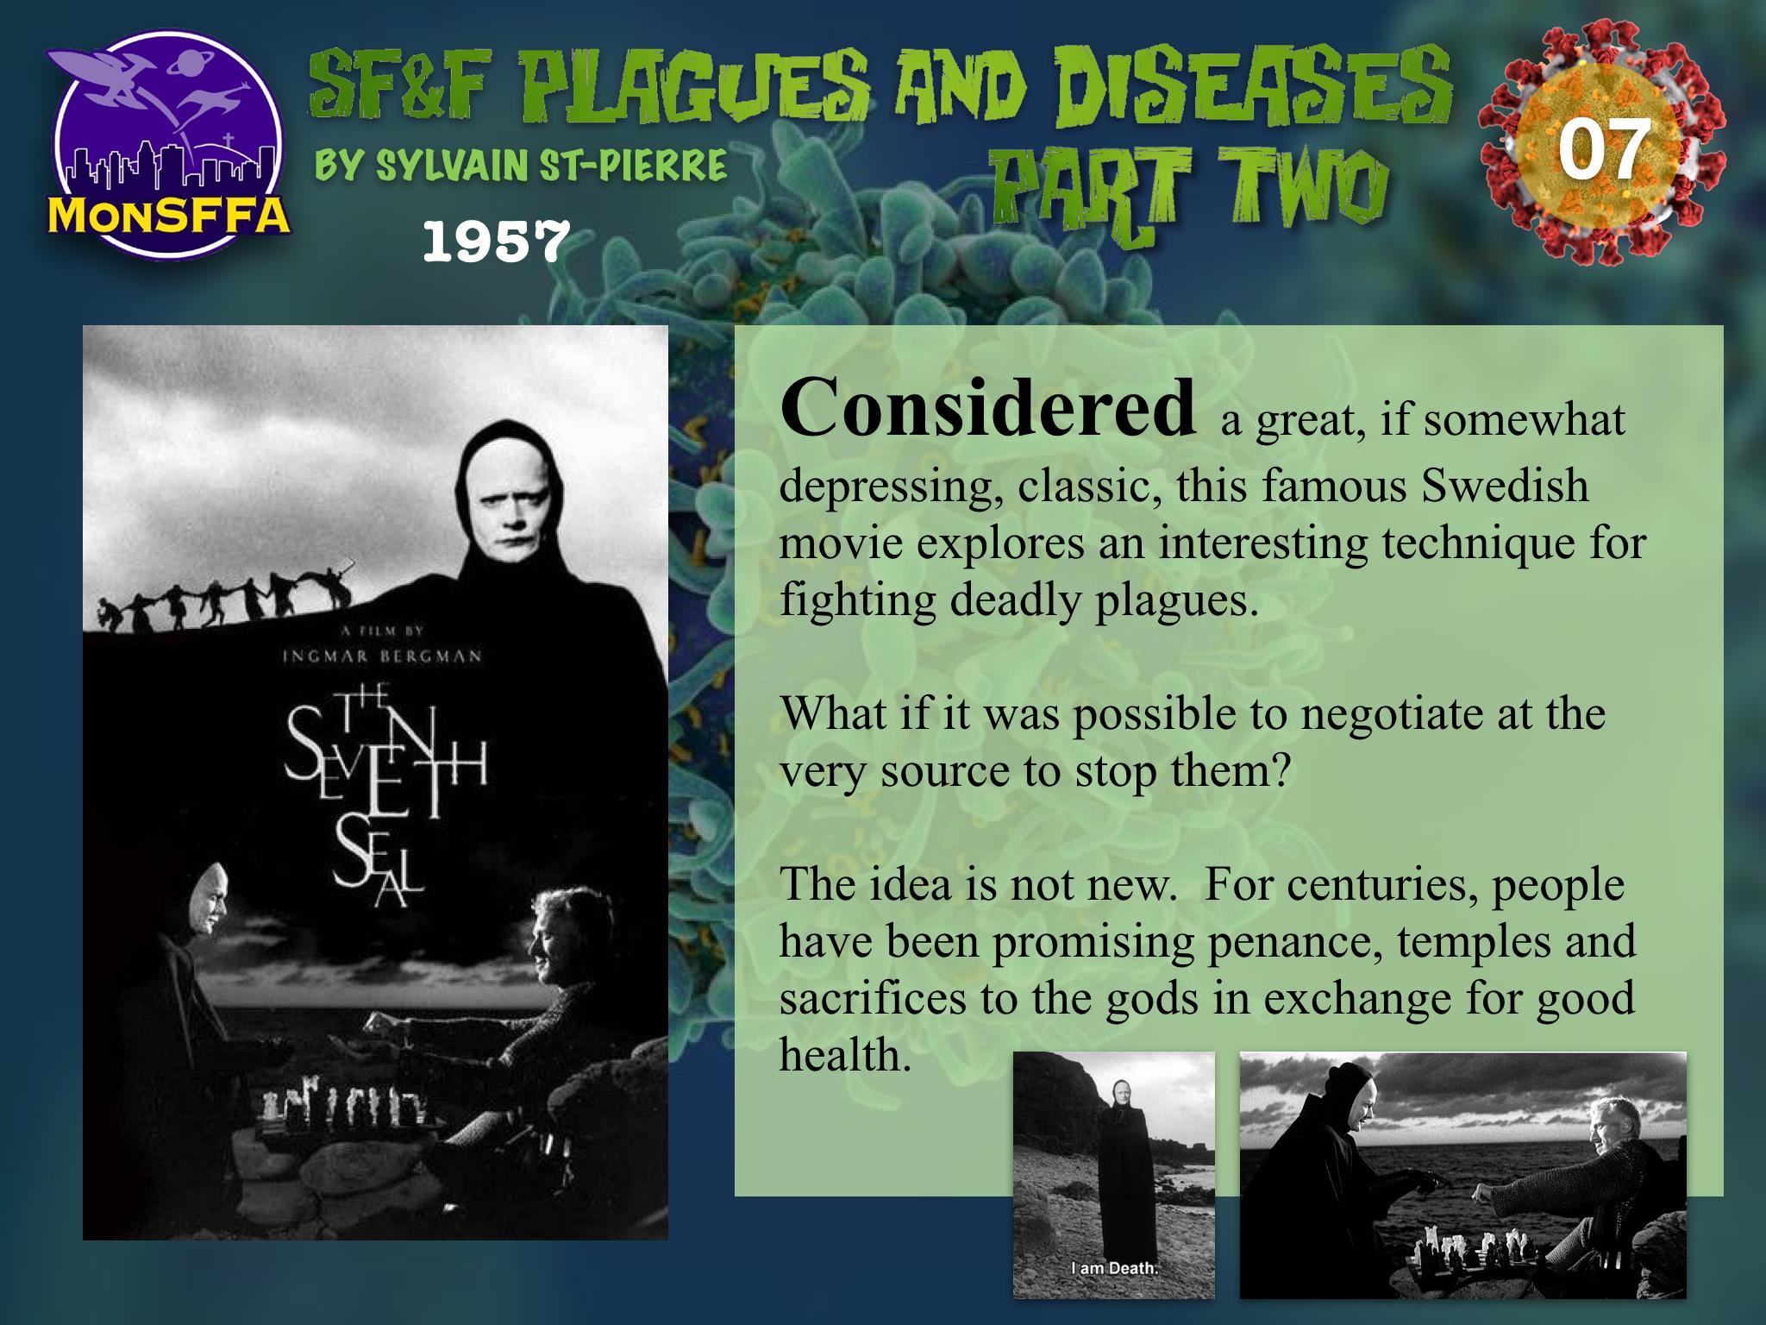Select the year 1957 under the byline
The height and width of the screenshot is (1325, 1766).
(496, 242)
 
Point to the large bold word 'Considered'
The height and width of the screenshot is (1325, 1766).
(988, 407)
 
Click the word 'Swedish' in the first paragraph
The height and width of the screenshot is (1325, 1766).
(1505, 485)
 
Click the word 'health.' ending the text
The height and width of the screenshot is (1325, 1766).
(845, 1053)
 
